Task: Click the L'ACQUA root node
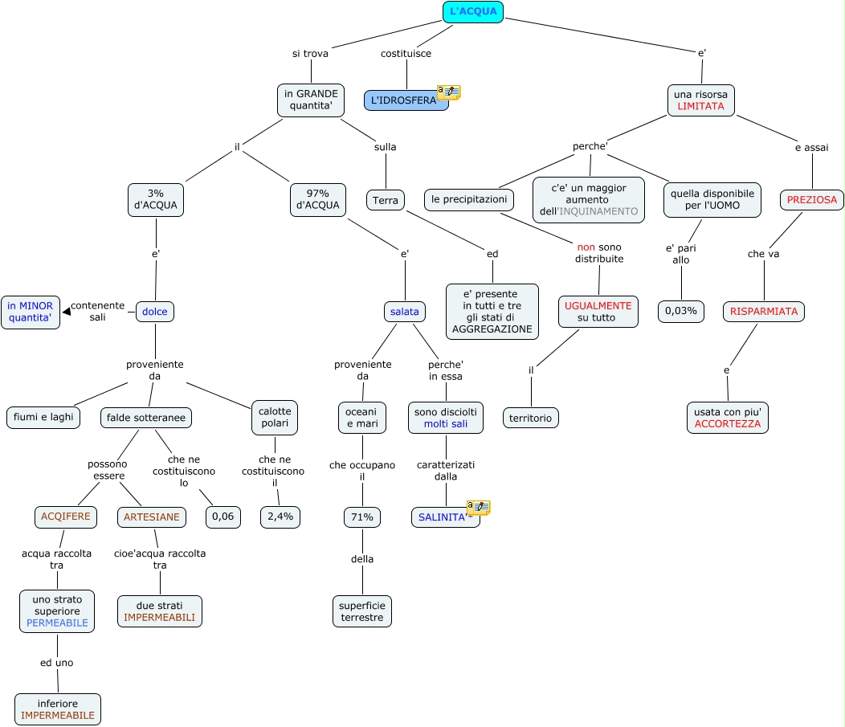tap(473, 11)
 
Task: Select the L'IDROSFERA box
tap(405, 100)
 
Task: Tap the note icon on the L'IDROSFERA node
tap(448, 92)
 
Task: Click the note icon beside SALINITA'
tap(478, 508)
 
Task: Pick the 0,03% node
tap(680, 311)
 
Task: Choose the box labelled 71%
tap(361, 517)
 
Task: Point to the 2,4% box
tap(280, 517)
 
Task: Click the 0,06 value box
tap(222, 517)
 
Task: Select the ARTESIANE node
tap(152, 517)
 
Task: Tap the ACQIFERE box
tap(66, 517)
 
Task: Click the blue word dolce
tap(154, 311)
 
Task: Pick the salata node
tap(404, 311)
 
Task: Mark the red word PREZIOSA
tap(811, 199)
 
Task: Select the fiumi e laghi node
tap(44, 417)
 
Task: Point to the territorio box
tap(531, 418)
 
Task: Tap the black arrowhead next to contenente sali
tap(66, 311)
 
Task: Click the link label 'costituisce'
tap(406, 54)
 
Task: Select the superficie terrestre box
tap(362, 611)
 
